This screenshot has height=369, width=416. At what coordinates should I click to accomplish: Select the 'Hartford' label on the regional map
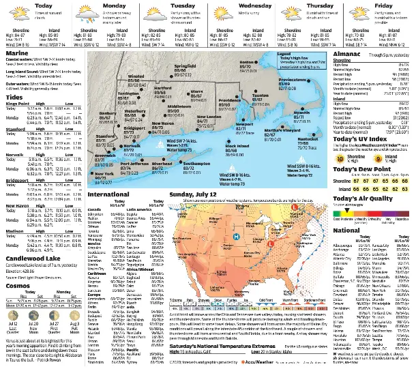(x=163, y=89)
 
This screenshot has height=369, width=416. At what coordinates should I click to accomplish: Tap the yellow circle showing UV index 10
(x=340, y=157)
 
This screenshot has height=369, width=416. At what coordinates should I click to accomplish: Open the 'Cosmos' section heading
(x=18, y=286)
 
